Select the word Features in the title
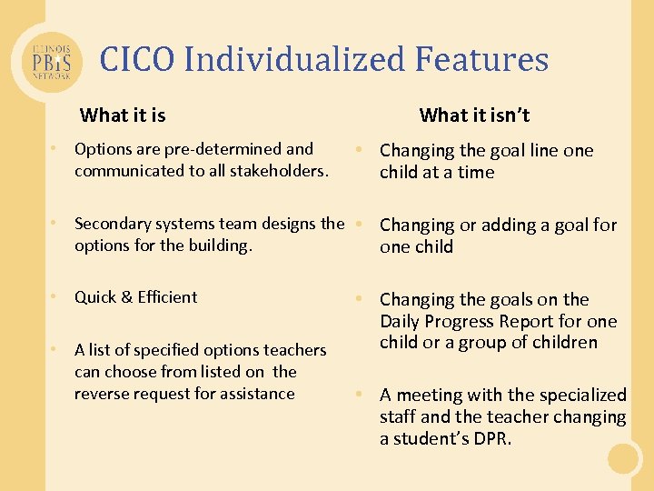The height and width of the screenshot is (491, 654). (x=482, y=60)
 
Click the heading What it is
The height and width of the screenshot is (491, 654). (x=123, y=115)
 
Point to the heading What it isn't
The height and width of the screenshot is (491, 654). (x=474, y=115)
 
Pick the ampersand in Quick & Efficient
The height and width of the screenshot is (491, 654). (x=127, y=297)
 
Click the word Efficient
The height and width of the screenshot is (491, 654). (x=167, y=297)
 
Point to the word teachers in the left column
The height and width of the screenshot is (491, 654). (x=296, y=350)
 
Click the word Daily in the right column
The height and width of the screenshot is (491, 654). (x=401, y=321)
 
